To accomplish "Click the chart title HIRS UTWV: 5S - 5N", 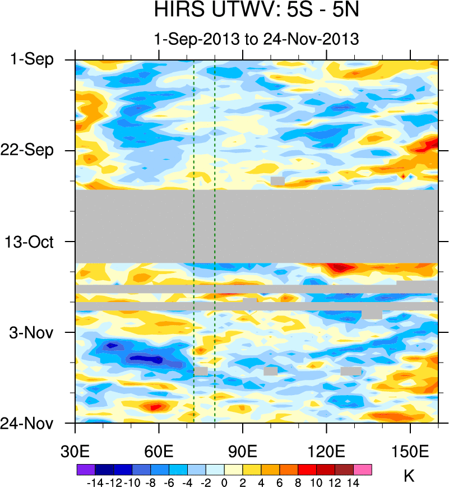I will pyautogui.click(x=256, y=11).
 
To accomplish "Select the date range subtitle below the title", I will pyautogui.click(x=256, y=39).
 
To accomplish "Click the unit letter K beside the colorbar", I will pyautogui.click(x=409, y=476).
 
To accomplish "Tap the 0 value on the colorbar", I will pyautogui.click(x=224, y=481).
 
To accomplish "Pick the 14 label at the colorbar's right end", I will pyautogui.click(x=353, y=481).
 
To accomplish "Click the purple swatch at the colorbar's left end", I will pyautogui.click(x=85, y=470).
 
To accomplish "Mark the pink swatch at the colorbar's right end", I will pyautogui.click(x=363, y=470).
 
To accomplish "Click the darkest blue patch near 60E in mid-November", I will pyautogui.click(x=147, y=358).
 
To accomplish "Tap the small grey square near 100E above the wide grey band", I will pyautogui.click(x=277, y=180).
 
